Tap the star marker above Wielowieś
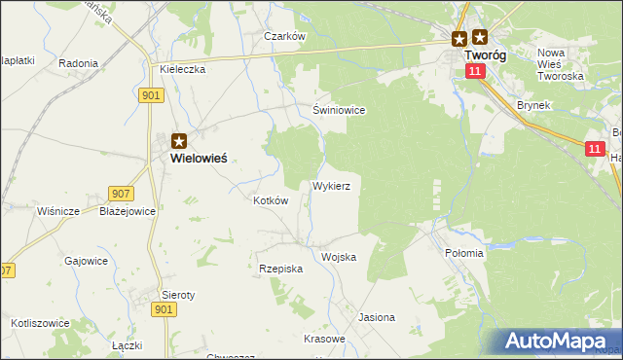pos(179,140)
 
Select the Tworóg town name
pos(487,56)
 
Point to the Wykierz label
pos(338,184)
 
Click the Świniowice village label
pos(339,110)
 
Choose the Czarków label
pos(285,36)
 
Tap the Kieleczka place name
pos(182,70)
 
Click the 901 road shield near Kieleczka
pos(151,94)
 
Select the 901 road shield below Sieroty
pos(165,308)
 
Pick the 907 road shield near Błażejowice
pos(120,193)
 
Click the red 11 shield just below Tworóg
pos(474,71)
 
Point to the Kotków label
pos(271,199)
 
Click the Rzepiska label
pos(281,268)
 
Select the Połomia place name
pos(463,253)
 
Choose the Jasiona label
pos(377,317)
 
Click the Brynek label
pos(534,104)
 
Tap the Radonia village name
pos(78,63)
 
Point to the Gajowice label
pos(86,261)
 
